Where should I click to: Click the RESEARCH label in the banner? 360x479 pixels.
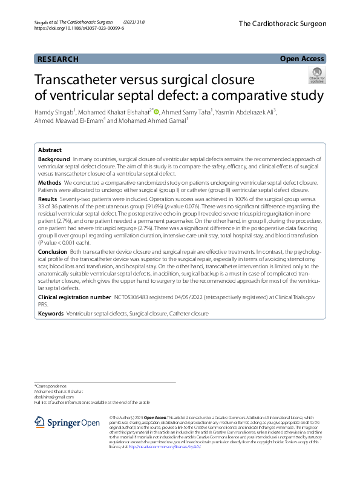click(58, 59)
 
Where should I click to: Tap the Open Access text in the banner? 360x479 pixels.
click(302, 59)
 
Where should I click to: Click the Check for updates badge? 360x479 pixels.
click(317, 77)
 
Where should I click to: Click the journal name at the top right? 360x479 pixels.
click(282, 24)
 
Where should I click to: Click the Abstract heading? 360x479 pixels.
click(50, 150)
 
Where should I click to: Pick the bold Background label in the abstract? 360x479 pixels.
click(54, 157)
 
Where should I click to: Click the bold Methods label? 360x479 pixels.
click(50, 182)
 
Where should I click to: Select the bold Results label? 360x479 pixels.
click(48, 199)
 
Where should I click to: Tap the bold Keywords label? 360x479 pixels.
click(50, 314)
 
